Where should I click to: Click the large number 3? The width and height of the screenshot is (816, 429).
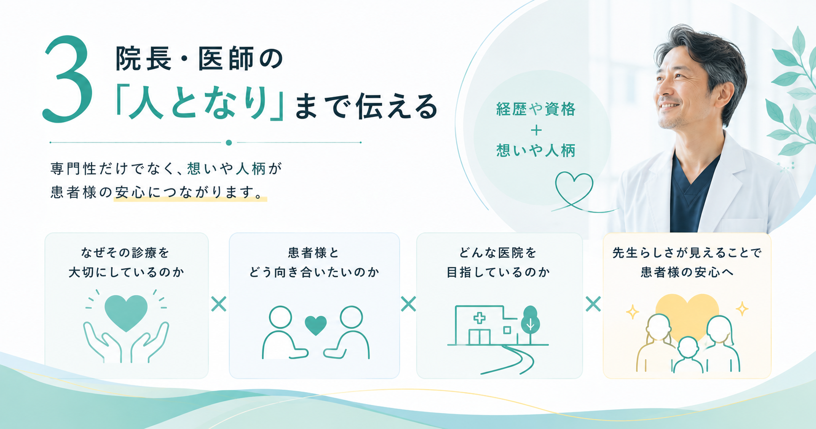(67, 79)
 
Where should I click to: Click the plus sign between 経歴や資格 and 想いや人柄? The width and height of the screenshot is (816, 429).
(536, 130)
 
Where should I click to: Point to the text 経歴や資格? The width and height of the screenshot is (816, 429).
(536, 109)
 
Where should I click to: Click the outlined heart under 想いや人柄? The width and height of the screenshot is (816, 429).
(574, 189)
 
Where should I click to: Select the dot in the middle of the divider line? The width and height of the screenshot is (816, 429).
(229, 142)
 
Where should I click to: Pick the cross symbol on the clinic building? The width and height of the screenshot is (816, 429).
(480, 318)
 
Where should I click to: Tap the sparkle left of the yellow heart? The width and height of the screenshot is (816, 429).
(632, 312)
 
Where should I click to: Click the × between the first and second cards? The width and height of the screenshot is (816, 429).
(219, 304)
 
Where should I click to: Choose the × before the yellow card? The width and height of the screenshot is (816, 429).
(593, 304)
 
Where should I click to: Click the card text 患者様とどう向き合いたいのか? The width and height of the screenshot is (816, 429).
(314, 263)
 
